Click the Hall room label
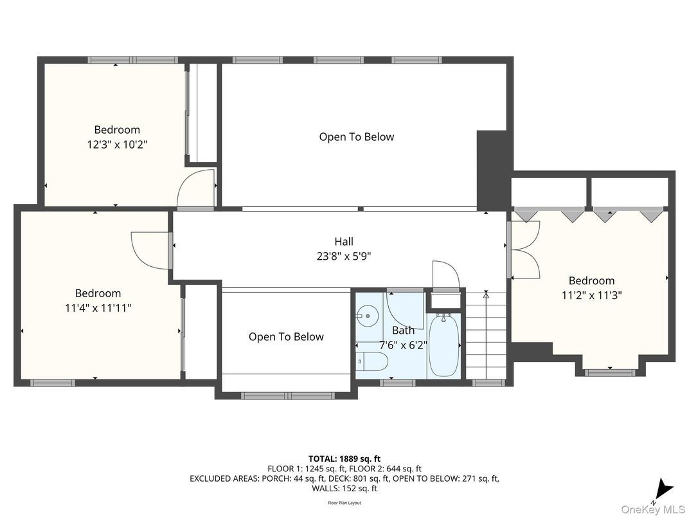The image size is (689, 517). (344, 242)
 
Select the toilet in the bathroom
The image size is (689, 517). (371, 362)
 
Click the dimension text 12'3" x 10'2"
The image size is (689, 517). (117, 145)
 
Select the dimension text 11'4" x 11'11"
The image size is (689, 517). (98, 308)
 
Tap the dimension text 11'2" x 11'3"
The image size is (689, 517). (591, 295)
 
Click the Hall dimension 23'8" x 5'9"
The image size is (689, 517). (344, 256)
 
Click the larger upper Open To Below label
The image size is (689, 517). (357, 137)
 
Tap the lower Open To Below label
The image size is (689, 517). (286, 337)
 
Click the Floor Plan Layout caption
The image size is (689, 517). (344, 503)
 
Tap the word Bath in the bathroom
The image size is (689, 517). (404, 331)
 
